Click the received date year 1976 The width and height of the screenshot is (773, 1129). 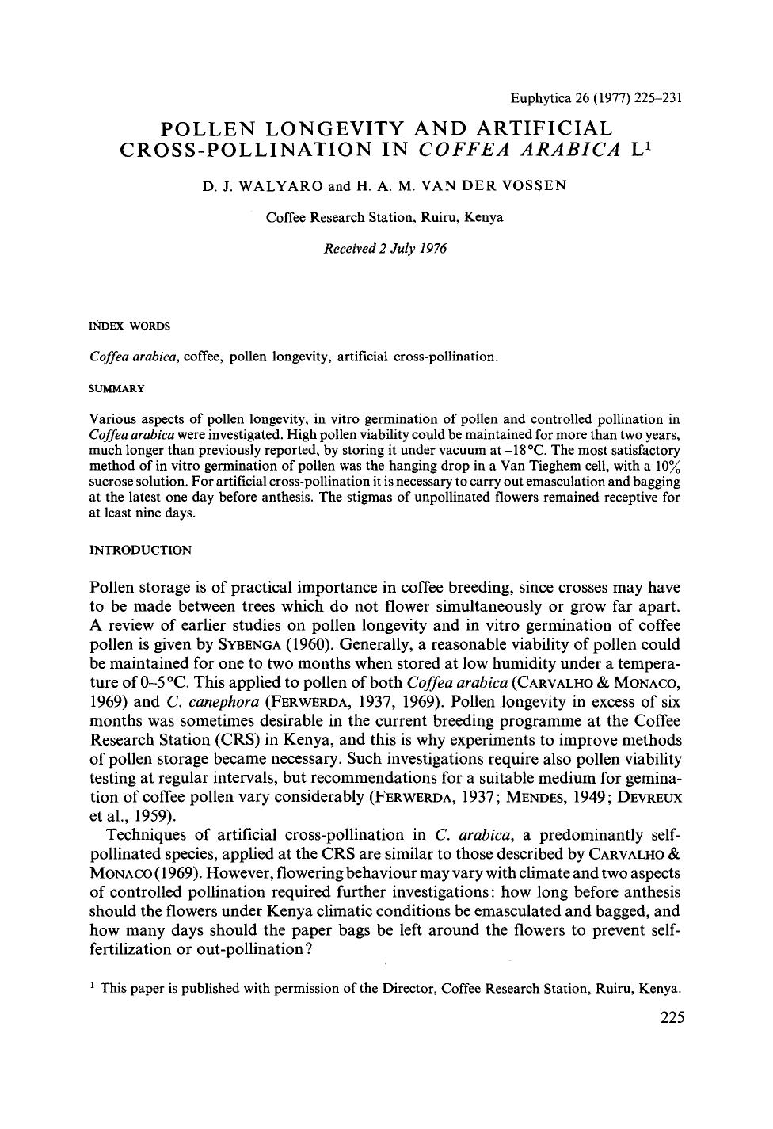coord(432,248)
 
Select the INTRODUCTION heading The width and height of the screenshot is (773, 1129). coord(140,550)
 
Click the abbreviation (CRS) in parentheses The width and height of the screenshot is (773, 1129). coord(235,739)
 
